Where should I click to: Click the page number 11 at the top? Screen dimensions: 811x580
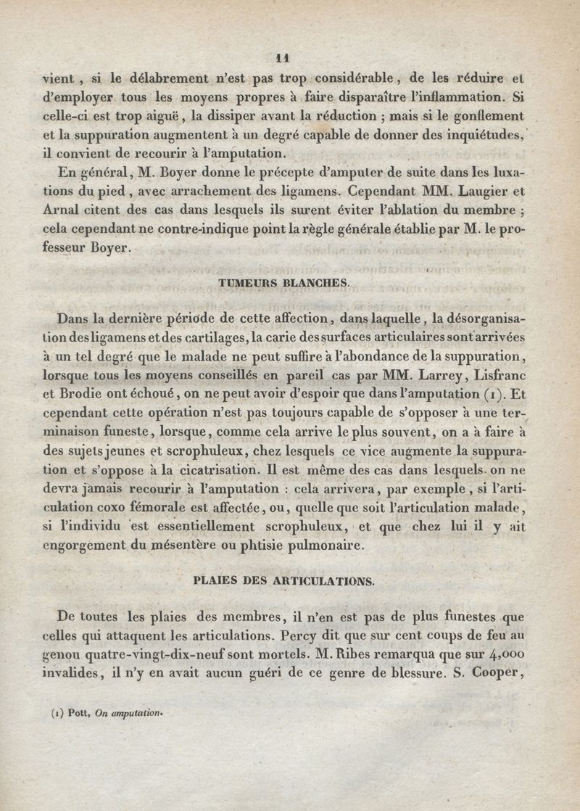click(283, 59)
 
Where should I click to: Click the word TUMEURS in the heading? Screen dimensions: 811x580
click(245, 284)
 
